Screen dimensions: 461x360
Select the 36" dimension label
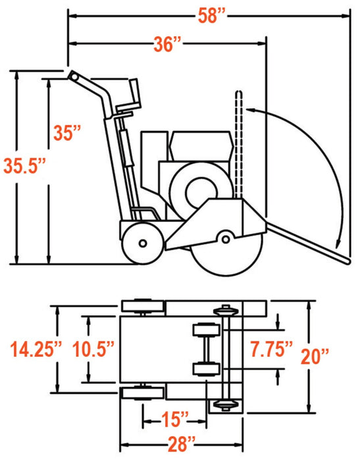coord(167,44)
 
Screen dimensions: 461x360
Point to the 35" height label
coord(68,132)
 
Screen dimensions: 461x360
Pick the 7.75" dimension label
coord(270,348)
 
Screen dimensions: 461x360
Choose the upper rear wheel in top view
coord(142,306)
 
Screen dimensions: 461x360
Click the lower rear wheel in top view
coord(142,393)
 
